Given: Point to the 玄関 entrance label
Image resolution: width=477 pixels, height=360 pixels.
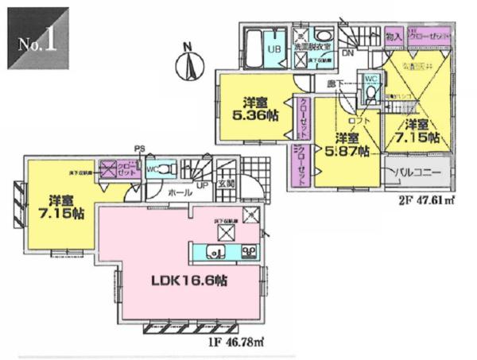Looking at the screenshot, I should tap(226, 184).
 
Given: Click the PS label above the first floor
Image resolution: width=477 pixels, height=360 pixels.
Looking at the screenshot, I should tap(140, 148).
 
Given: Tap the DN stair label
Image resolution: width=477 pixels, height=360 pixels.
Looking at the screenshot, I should tap(347, 54).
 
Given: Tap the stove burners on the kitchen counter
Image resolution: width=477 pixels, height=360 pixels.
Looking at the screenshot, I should tap(248, 253).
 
